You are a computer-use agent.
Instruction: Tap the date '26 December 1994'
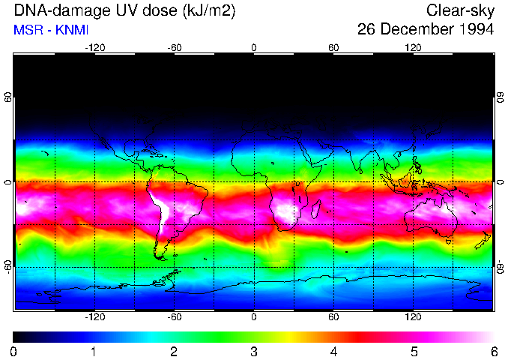[425, 30]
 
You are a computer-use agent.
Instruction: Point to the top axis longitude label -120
[94, 47]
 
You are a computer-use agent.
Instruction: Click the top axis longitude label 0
[254, 47]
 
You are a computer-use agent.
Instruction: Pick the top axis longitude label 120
[413, 47]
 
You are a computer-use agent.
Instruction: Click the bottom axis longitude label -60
[174, 317]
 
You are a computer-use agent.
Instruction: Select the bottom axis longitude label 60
[333, 317]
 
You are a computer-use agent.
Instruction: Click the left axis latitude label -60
[9, 266]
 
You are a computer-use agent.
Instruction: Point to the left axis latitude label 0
[9, 182]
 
